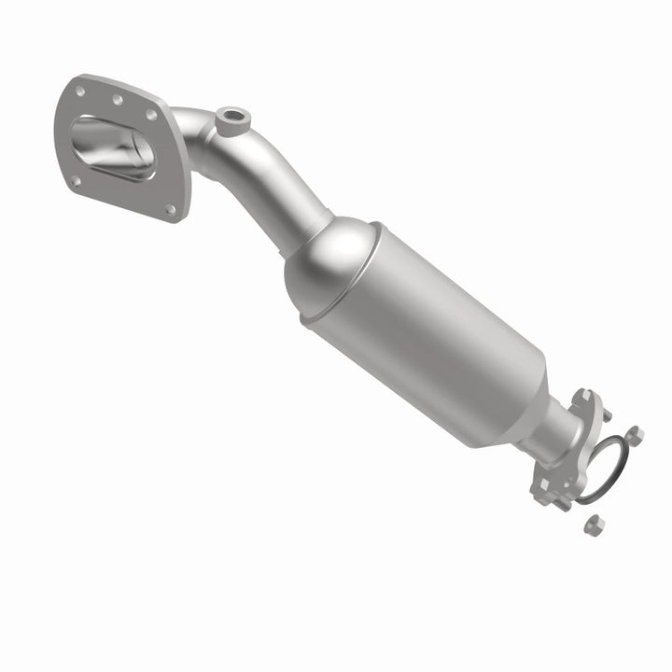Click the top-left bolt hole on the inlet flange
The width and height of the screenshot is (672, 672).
[80, 91]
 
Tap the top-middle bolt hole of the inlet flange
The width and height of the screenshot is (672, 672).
[118, 99]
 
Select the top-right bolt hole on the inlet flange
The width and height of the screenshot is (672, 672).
[151, 115]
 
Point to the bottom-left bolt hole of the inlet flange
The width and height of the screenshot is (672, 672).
[74, 181]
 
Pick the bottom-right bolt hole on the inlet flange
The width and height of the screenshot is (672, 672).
[170, 210]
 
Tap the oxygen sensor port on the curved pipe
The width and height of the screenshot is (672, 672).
[231, 119]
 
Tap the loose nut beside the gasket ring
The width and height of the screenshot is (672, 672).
[634, 434]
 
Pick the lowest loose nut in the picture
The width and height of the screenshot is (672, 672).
[591, 525]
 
